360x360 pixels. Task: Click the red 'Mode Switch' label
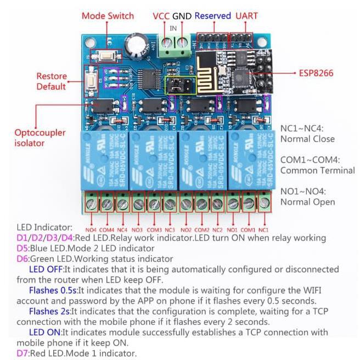108,15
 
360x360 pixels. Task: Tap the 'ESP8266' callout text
316,72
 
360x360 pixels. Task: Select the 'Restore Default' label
52,81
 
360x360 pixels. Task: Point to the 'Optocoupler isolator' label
40,138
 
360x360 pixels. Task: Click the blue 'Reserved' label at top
213,15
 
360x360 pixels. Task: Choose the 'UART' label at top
246,15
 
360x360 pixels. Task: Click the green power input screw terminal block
175,46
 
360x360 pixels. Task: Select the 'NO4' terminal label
91,228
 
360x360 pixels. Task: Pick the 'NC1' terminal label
263,228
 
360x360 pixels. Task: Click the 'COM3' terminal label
154,228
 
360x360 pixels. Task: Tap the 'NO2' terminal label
186,228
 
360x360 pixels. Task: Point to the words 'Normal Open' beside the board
308,202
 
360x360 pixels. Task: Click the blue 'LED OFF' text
46,269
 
